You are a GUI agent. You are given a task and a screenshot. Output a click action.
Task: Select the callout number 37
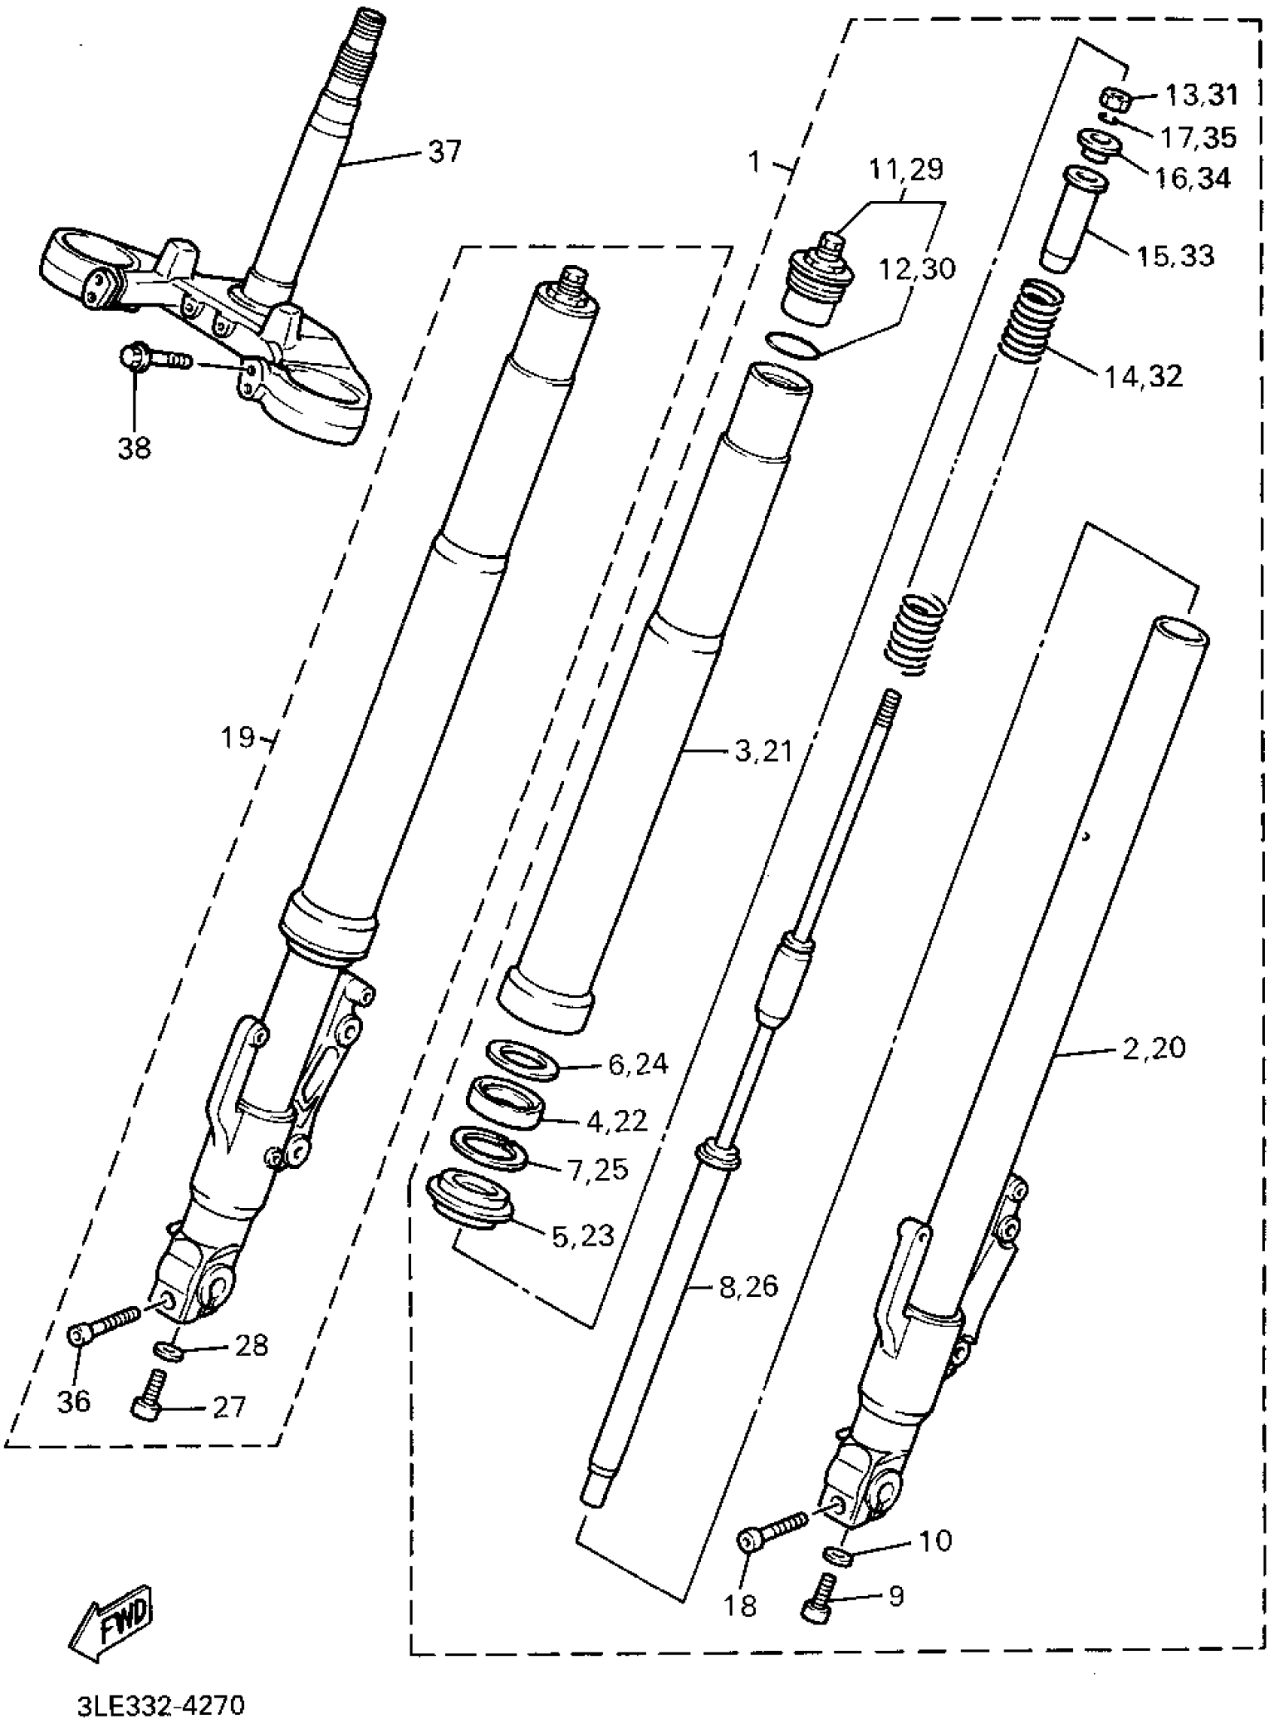(x=444, y=152)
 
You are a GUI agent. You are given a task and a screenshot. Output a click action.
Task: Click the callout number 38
(x=134, y=448)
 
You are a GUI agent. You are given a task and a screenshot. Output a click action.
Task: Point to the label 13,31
(x=1201, y=96)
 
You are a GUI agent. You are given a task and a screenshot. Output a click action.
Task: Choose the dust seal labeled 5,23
(x=470, y=1201)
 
